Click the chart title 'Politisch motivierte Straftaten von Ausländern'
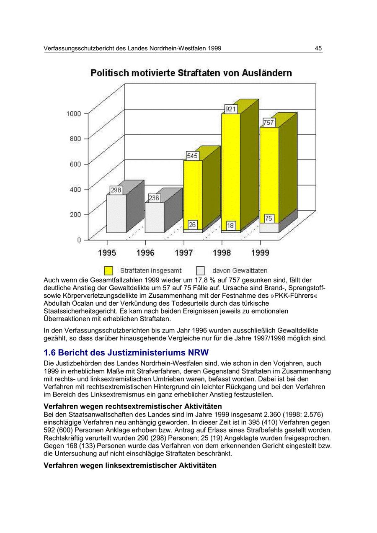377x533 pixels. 191,73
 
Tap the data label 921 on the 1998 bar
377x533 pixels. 231,109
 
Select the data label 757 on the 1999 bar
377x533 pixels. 269,122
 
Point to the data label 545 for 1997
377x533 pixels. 192,156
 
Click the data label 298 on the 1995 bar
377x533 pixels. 116,190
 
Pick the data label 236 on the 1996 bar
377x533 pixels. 154,198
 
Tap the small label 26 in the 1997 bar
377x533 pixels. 192,225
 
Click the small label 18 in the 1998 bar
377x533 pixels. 230,226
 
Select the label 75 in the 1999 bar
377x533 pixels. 269,218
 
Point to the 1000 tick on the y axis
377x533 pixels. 74,113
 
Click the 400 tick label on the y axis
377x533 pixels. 76,189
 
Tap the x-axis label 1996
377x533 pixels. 145,253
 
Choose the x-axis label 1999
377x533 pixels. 260,253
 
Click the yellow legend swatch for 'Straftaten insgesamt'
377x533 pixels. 108,271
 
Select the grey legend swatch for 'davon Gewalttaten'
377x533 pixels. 201,271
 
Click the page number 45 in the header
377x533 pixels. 318,49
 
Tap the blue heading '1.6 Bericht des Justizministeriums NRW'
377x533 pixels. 126,352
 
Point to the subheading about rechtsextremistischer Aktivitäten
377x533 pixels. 133,406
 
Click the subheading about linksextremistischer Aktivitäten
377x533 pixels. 130,465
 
